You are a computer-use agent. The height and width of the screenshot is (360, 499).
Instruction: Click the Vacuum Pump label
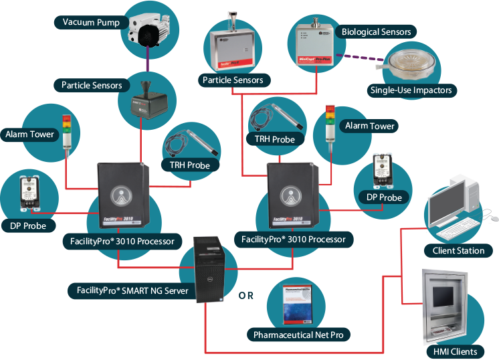91,23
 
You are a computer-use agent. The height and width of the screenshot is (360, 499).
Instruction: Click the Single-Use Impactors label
411,90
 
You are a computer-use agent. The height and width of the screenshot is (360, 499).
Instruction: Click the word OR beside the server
246,294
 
